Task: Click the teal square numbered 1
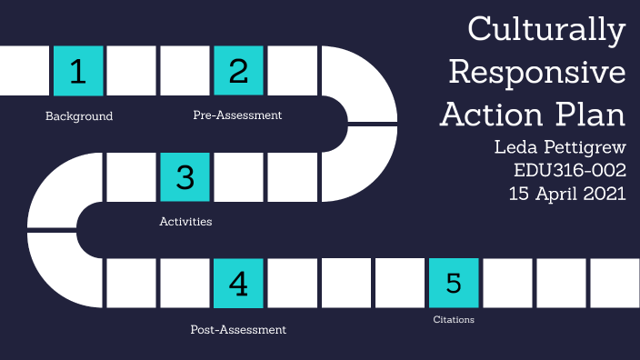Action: [x=78, y=70]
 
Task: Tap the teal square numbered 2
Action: [x=238, y=70]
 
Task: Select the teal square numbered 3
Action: [x=185, y=176]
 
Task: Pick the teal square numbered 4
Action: [x=238, y=283]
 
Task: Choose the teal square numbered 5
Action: [x=453, y=283]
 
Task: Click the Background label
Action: [x=79, y=116]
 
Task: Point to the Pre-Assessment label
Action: [x=237, y=115]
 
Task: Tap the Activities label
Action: [x=185, y=221]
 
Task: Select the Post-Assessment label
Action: [x=238, y=329]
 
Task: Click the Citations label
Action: [x=454, y=320]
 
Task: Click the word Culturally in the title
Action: [x=546, y=31]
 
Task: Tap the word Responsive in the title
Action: [x=537, y=72]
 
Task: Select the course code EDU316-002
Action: [x=569, y=169]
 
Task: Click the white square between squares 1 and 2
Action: [x=132, y=70]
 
